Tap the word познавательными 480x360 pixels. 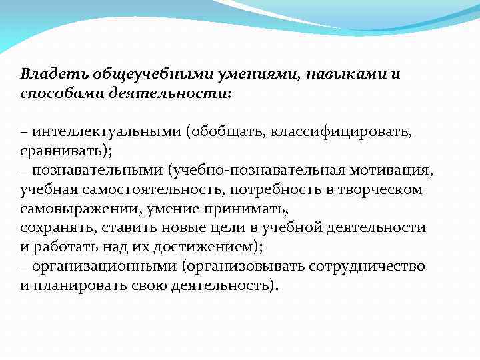pos(97,170)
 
